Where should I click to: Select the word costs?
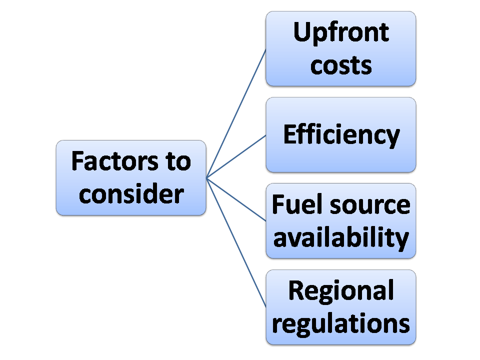tap(340, 65)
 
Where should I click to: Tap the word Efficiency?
tap(341, 135)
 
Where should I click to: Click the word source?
tap(366, 205)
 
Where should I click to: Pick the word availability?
tap(340, 237)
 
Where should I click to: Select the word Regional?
tap(341, 291)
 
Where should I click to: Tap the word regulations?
tap(341, 323)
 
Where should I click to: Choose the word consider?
tap(131, 193)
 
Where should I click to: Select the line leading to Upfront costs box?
tap(236, 113)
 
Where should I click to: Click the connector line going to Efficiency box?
tap(236, 156)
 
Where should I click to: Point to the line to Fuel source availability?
tap(236, 198)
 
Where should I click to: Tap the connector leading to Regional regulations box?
tap(236, 242)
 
